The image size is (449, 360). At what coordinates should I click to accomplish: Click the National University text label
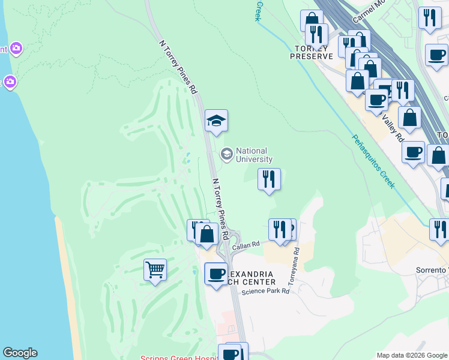coord(254,155)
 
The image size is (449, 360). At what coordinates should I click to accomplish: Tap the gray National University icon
coord(226,154)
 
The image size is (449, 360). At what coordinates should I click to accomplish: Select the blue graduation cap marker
coord(216,122)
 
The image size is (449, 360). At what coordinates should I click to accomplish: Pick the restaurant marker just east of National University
coord(269,179)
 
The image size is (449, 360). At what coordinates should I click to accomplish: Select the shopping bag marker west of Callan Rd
coord(206,234)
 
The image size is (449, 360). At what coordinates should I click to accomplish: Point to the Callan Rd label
coord(247,244)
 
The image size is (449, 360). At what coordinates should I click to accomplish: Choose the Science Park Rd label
coord(265,292)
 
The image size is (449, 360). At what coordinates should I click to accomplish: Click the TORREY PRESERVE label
coord(311,52)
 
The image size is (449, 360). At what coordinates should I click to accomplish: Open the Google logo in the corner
coord(20,353)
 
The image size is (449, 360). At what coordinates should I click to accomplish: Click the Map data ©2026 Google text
coord(412,355)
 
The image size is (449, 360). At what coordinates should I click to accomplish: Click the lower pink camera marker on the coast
coord(10,81)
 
